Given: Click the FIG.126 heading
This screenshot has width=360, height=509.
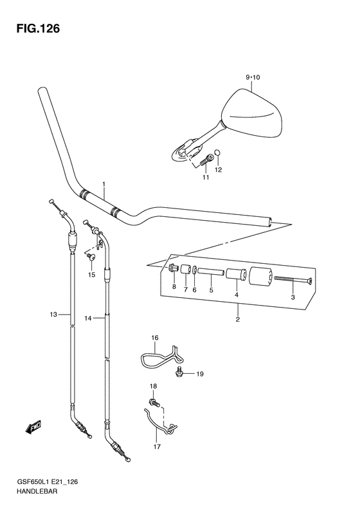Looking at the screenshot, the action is [x=38, y=29].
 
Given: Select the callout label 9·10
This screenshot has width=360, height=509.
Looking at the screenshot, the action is [x=253, y=77].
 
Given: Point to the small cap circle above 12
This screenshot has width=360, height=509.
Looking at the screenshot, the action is [x=219, y=152].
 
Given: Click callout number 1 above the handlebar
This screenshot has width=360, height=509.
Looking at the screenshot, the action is [x=104, y=185].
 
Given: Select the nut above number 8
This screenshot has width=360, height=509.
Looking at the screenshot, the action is [x=173, y=268].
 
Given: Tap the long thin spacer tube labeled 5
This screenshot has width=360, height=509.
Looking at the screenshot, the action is [x=210, y=271].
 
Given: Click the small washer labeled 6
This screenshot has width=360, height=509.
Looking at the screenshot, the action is [x=194, y=270].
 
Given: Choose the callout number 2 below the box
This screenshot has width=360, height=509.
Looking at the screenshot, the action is [x=238, y=319].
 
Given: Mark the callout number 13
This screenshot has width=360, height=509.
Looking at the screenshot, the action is [x=53, y=314].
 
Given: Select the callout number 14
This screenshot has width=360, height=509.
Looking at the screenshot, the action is [x=88, y=319].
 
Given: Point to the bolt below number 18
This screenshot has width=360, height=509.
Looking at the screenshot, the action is [x=154, y=403].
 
